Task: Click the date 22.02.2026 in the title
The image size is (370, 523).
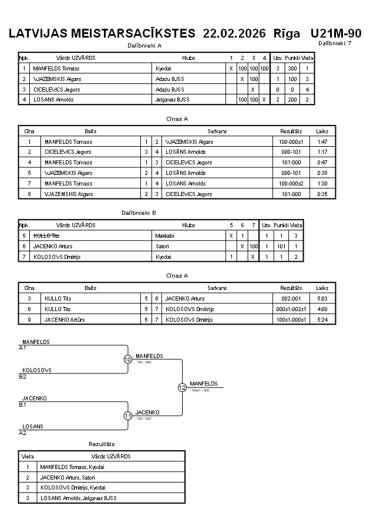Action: coord(234,33)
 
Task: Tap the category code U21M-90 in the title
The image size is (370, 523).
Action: coord(335,33)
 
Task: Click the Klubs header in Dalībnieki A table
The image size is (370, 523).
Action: coord(189,58)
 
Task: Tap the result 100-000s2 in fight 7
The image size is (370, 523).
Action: coord(291,184)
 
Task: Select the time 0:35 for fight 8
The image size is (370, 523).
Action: coord(322,194)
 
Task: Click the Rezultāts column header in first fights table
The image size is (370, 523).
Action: coord(291,131)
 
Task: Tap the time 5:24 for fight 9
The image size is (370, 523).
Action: coord(322,320)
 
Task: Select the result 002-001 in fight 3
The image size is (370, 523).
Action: coord(291,299)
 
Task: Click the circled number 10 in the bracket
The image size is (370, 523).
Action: coord(128,359)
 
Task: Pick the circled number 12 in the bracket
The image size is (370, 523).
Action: coord(182,387)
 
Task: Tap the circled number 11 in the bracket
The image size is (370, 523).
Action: coord(128,416)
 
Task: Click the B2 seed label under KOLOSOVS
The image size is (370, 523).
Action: coord(23,376)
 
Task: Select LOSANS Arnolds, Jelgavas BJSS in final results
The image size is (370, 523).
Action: coord(79,498)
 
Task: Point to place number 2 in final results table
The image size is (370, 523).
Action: coord(28,477)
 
